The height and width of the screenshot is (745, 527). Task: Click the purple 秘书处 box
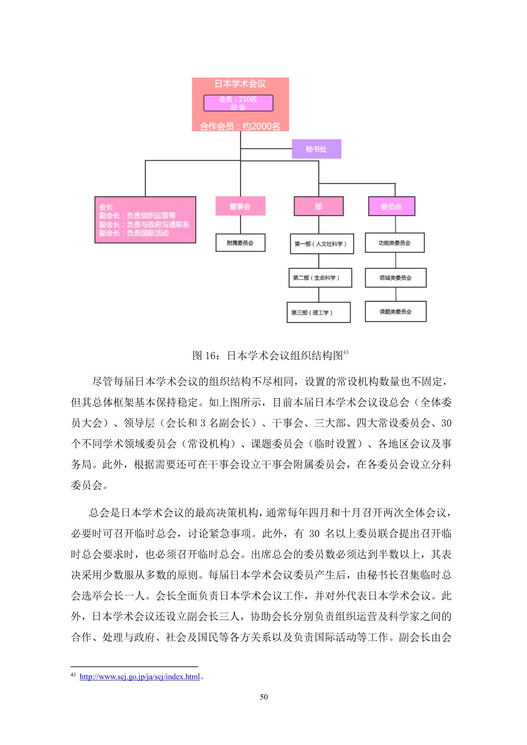[x=316, y=149]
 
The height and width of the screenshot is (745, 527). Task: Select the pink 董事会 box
[x=240, y=206]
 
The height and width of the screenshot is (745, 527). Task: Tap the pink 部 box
[x=318, y=207]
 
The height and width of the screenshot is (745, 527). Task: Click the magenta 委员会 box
[x=391, y=207]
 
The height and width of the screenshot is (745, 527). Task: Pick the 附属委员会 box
[x=240, y=243]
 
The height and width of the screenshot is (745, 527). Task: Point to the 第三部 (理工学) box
[x=318, y=312]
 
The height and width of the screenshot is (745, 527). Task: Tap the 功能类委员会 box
[x=394, y=243]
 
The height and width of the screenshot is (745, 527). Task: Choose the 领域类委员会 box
[x=395, y=278]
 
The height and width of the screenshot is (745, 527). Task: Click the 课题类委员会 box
[x=395, y=312]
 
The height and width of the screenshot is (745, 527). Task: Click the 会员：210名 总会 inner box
[x=238, y=103]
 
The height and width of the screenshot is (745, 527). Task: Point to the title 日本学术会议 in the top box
[x=240, y=84]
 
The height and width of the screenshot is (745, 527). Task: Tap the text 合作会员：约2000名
[x=240, y=126]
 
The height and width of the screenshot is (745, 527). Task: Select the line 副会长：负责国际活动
[x=134, y=233]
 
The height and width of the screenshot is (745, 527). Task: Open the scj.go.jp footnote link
[x=139, y=677]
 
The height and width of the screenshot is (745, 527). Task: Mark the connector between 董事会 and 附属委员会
[x=241, y=224]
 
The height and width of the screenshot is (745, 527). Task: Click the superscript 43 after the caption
[x=346, y=352]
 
